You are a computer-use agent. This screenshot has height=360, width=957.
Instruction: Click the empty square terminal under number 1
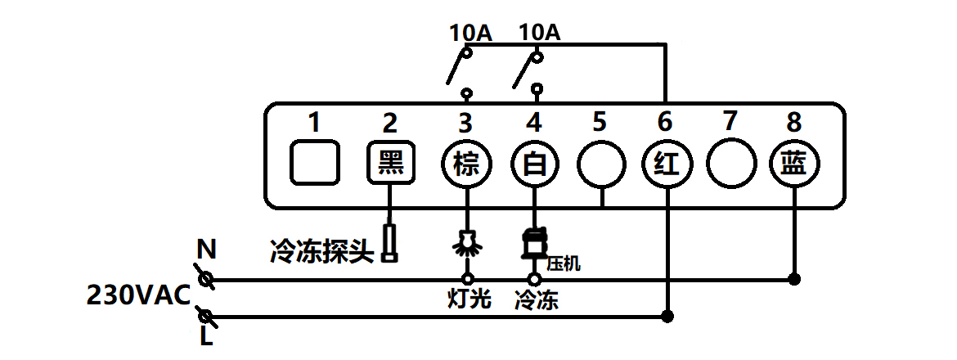point(314,163)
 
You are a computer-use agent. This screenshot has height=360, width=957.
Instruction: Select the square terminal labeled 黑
point(389,164)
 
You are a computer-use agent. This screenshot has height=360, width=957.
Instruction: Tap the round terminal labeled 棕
point(465,165)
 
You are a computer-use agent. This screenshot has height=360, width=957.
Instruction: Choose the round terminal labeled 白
point(534,165)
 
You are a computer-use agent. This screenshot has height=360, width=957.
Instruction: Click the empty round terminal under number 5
point(600,166)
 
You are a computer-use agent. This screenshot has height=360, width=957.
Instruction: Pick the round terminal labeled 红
point(665,166)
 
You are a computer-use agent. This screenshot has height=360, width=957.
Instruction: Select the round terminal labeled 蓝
point(793,166)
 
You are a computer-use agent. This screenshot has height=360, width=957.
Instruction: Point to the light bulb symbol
point(467,243)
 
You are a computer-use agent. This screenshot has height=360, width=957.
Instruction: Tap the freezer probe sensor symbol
point(390,243)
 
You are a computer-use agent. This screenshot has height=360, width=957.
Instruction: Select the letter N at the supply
point(206,248)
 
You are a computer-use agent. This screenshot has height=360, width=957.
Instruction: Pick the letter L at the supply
point(206,336)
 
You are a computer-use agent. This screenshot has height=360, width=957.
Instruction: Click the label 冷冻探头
point(322,250)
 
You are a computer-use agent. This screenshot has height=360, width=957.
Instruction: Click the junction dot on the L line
point(667,316)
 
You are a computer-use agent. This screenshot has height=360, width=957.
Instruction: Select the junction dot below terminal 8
point(793,279)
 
